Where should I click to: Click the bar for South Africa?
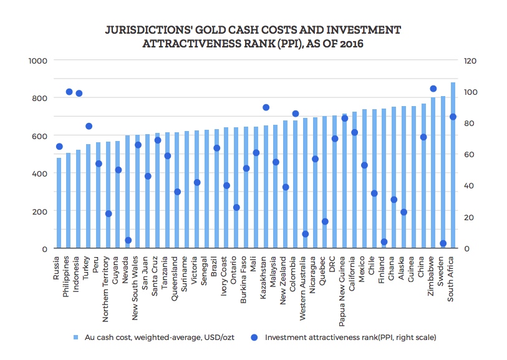point(453,166)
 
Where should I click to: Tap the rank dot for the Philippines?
point(69,92)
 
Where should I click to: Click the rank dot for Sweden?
point(443,243)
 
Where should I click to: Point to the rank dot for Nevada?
point(128,240)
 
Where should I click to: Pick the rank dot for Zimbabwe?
point(433,89)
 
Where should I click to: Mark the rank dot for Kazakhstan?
point(266,107)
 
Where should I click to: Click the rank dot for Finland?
point(384,242)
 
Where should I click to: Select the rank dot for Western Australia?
point(305,234)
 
